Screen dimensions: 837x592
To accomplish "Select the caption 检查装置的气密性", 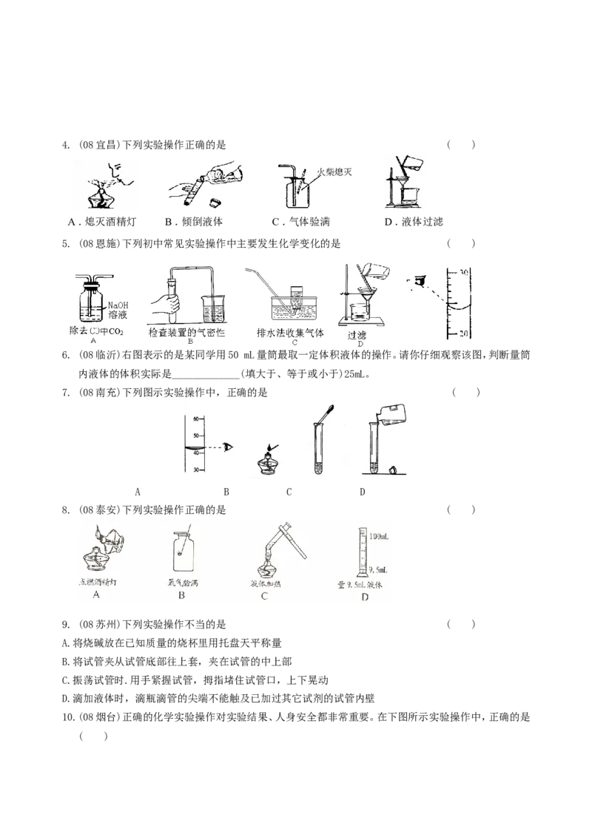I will pyautogui.click(x=186, y=333).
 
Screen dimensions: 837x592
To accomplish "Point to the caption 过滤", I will pyautogui.click(x=357, y=334).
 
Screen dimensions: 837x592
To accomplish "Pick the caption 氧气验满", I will pyautogui.click(x=182, y=582).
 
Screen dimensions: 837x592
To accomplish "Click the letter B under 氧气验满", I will pyautogui.click(x=181, y=596).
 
